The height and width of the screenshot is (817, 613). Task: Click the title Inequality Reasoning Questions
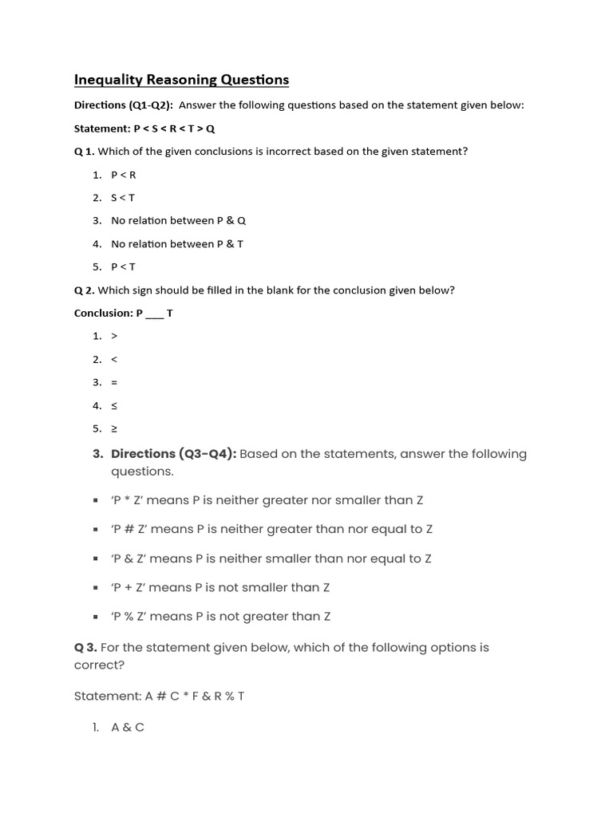[181, 80]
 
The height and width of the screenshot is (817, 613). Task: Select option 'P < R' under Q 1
[124, 175]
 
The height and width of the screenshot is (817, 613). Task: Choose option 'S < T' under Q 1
[123, 198]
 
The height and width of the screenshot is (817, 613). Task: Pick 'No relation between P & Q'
[172, 221]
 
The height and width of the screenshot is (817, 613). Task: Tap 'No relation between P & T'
[176, 244]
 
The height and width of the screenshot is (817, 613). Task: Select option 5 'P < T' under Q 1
[123, 267]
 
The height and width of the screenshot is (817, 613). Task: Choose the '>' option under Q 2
[114, 337]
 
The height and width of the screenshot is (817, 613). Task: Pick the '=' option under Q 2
[114, 383]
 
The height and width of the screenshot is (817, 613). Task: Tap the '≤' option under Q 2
[114, 406]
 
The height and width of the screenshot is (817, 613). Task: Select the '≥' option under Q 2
[114, 429]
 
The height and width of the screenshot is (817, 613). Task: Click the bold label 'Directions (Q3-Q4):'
[173, 454]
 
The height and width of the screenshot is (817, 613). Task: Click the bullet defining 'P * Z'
[267, 500]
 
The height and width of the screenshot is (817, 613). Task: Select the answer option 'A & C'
[128, 728]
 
